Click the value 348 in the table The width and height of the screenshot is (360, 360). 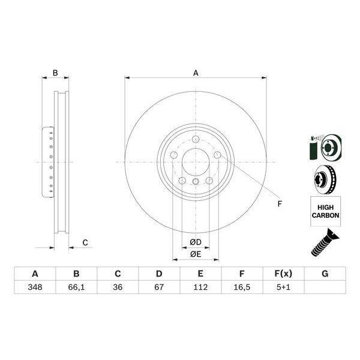point(35,287)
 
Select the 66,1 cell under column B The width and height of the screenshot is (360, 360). point(76,287)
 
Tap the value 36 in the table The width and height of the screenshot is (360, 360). point(118,287)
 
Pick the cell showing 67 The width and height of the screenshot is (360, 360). point(159,287)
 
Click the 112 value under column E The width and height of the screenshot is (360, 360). point(200,287)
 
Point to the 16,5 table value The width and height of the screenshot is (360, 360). point(242,287)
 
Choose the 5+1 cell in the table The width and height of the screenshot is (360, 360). point(283,287)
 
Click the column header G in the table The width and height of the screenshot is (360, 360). point(325,274)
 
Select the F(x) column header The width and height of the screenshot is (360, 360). point(283,274)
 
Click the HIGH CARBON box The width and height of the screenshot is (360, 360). point(325,211)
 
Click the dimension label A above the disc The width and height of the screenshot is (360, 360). point(196,73)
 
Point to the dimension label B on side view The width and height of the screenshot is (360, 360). point(55,73)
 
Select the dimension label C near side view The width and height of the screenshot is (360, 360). point(85,242)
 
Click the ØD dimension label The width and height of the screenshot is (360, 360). point(196,242)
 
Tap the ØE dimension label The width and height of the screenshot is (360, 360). point(196,254)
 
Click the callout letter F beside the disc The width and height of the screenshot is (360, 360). point(279,204)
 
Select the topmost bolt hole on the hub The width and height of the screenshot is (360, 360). point(196,140)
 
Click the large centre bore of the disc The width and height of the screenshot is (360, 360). point(196,162)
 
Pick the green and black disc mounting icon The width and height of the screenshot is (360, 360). point(325,146)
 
